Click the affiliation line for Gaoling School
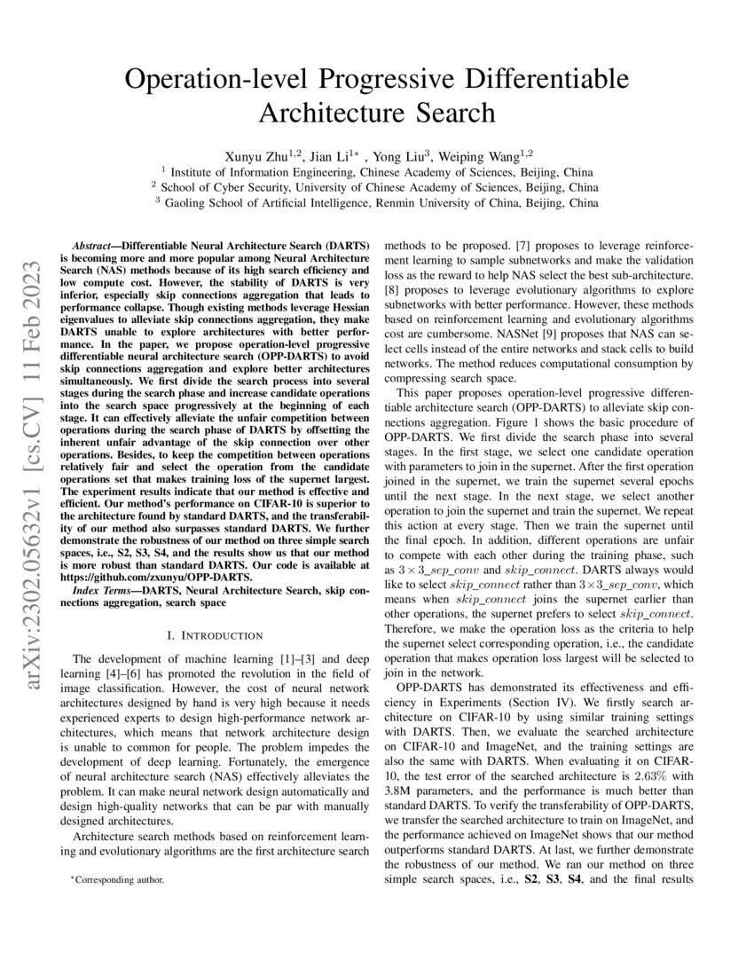376,202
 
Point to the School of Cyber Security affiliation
376,186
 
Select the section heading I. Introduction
215,635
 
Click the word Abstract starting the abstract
93,241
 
